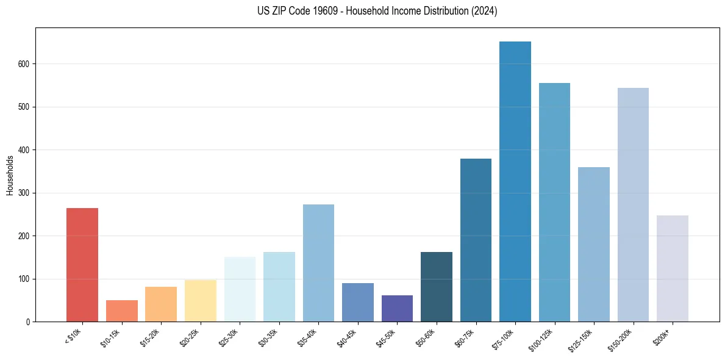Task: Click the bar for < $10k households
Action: pos(82,265)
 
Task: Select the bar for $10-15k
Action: pos(122,311)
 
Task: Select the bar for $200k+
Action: pos(673,268)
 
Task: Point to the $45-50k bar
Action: pos(397,308)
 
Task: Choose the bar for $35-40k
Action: pos(318,263)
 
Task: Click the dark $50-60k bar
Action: pos(437,287)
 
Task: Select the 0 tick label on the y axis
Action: pos(28,322)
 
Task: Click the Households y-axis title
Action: pos(10,175)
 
